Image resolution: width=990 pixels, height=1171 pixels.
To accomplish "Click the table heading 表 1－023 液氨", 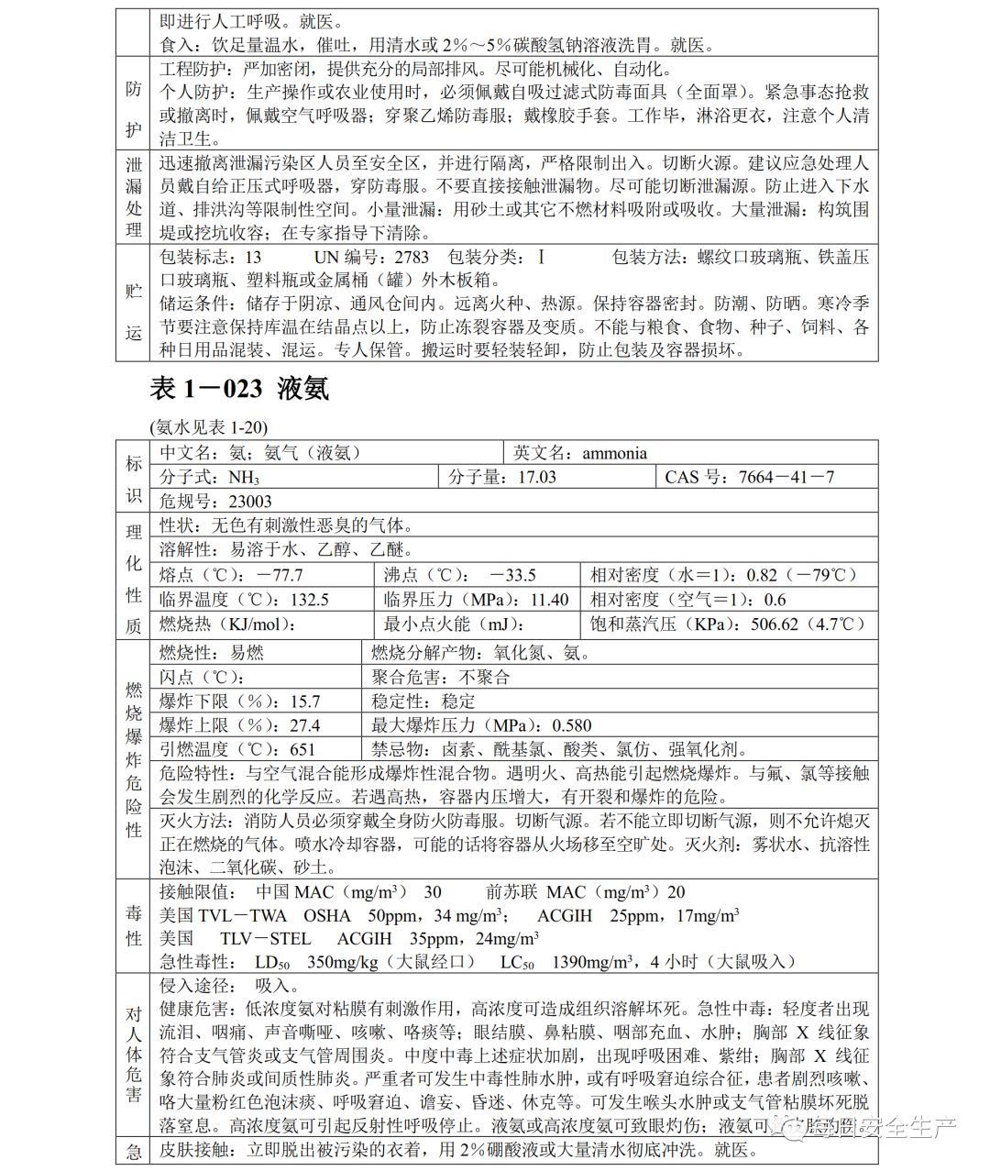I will pyautogui.click(x=239, y=389).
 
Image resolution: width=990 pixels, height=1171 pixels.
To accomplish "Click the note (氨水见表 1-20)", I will pyautogui.click(x=208, y=427).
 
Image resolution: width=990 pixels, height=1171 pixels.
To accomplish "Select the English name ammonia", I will pyautogui.click(x=614, y=453).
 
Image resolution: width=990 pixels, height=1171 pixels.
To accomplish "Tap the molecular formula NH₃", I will pyautogui.click(x=244, y=478).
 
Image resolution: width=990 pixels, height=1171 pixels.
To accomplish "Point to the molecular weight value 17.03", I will pyautogui.click(x=536, y=478).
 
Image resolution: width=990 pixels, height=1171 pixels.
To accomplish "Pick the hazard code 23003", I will pyautogui.click(x=250, y=502).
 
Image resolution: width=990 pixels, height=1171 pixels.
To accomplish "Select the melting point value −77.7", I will pyautogui.click(x=280, y=576).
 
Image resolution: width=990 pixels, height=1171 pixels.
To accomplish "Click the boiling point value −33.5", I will pyautogui.click(x=512, y=576).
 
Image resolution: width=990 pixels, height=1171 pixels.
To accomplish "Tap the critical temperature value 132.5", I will pyautogui.click(x=308, y=601).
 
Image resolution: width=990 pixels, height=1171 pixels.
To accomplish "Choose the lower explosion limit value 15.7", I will pyautogui.click(x=305, y=702).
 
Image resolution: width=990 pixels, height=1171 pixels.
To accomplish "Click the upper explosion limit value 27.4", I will pyautogui.click(x=305, y=726).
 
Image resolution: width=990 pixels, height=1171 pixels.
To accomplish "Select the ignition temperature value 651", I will pyautogui.click(x=302, y=750).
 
